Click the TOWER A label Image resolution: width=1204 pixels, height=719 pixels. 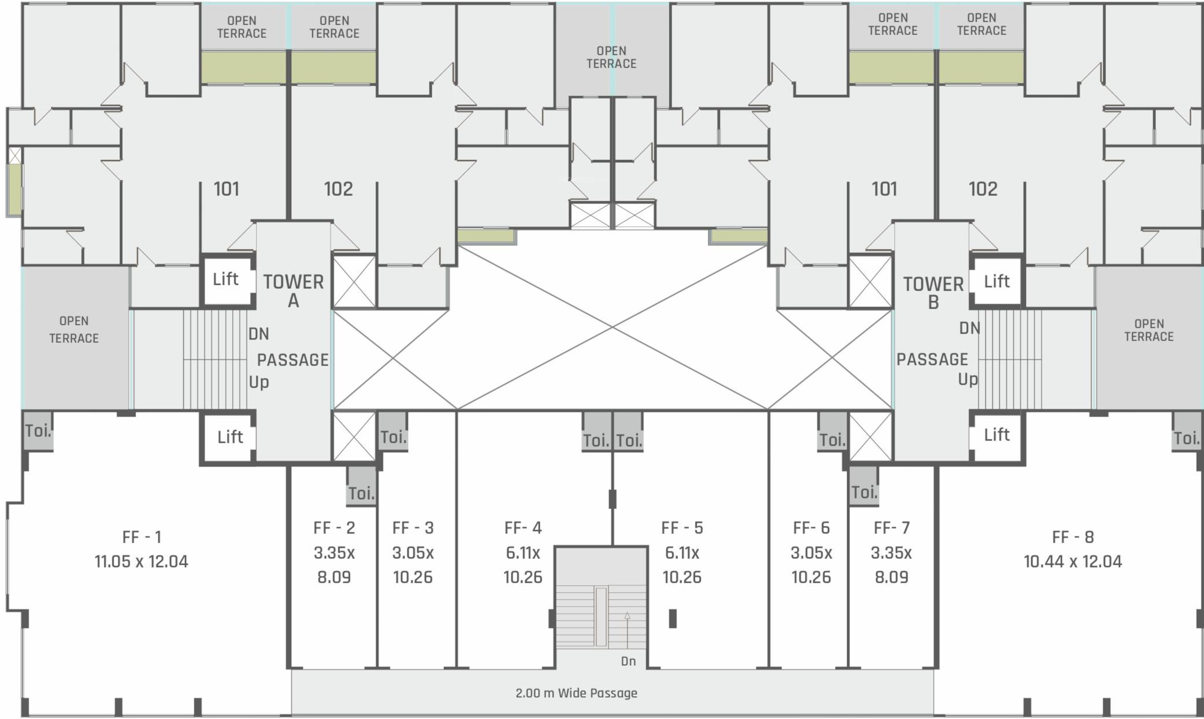(x=293, y=291)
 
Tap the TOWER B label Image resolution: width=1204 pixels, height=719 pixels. (x=933, y=293)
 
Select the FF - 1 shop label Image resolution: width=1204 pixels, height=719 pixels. (x=142, y=537)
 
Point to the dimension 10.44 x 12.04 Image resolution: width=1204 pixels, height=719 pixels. (x=1073, y=562)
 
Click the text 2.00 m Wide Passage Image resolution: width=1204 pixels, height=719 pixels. (x=576, y=693)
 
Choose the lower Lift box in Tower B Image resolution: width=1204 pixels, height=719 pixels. (x=997, y=435)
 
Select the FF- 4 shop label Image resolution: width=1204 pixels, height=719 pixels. (x=523, y=528)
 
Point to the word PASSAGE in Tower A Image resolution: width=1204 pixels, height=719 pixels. (x=293, y=360)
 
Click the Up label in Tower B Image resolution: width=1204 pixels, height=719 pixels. (x=967, y=379)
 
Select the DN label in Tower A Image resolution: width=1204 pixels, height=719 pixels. (x=259, y=334)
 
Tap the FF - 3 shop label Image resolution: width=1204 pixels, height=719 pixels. (x=413, y=528)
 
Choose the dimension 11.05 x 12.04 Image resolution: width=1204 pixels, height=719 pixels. (x=142, y=562)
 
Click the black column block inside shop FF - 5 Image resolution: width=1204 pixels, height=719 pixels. (x=673, y=618)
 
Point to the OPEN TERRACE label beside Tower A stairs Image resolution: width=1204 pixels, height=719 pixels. (x=74, y=329)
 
